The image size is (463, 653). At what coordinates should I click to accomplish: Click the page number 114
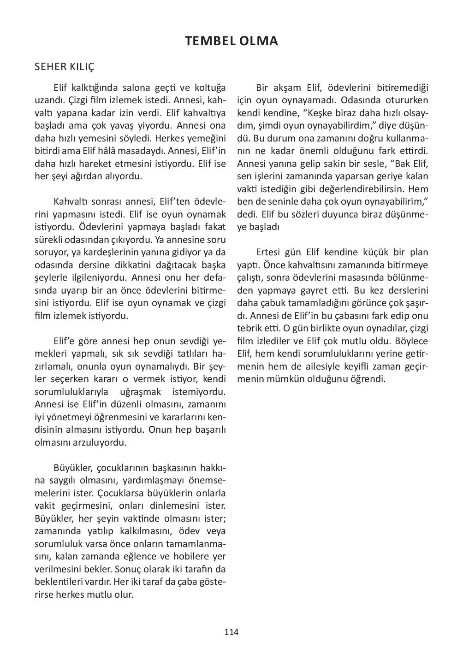pyautogui.click(x=231, y=632)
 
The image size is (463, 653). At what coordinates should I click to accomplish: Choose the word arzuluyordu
pyautogui.click(x=102, y=442)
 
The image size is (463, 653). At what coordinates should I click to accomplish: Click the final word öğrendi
pyautogui.click(x=363, y=379)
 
